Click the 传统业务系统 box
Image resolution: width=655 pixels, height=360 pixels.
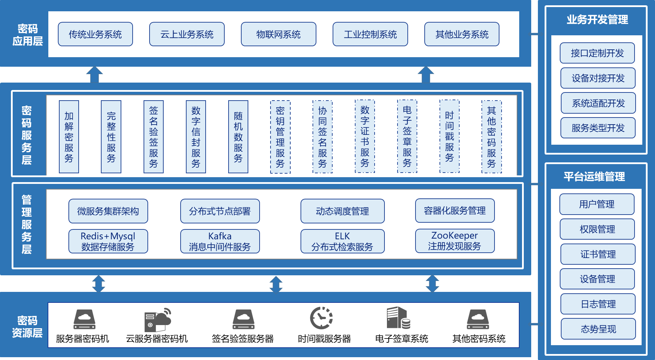(95, 34)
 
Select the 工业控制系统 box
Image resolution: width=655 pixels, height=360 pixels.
(370, 34)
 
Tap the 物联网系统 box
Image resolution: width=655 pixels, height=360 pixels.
(278, 34)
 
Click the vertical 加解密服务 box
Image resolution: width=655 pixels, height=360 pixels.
(69, 137)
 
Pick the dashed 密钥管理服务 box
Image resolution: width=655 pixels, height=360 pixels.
(280, 137)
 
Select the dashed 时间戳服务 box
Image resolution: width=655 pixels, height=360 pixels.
(449, 137)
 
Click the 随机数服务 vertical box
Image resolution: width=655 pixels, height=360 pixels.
(238, 137)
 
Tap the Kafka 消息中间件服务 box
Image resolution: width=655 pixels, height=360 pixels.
(220, 241)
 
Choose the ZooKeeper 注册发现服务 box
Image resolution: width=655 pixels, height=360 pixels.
(455, 241)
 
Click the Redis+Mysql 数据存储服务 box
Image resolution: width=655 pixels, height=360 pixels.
(108, 241)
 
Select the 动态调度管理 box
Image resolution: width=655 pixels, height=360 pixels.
(342, 211)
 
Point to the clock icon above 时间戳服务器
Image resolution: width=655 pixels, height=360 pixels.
(321, 318)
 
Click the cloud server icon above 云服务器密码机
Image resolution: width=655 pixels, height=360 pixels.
(157, 319)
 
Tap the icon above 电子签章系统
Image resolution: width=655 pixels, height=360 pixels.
(398, 318)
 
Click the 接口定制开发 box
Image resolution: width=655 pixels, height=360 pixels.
(597, 53)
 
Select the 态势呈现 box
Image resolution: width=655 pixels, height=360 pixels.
(598, 329)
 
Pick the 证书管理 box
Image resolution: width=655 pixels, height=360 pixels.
(598, 254)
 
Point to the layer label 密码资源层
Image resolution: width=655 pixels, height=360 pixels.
(27, 326)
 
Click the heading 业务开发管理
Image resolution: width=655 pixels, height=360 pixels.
(597, 20)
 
